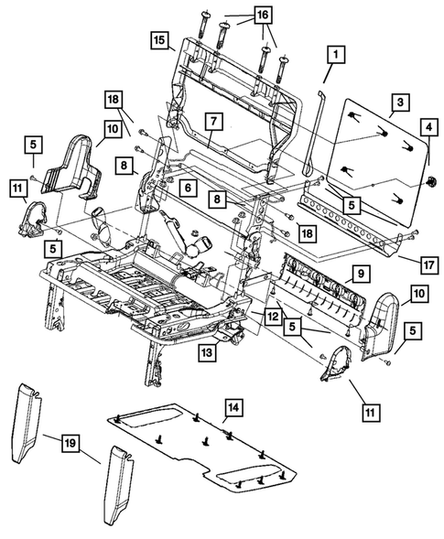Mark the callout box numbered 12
pyautogui.click(x=272, y=316)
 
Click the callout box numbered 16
pyautogui.click(x=262, y=16)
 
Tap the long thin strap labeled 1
pyautogui.click(x=312, y=137)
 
